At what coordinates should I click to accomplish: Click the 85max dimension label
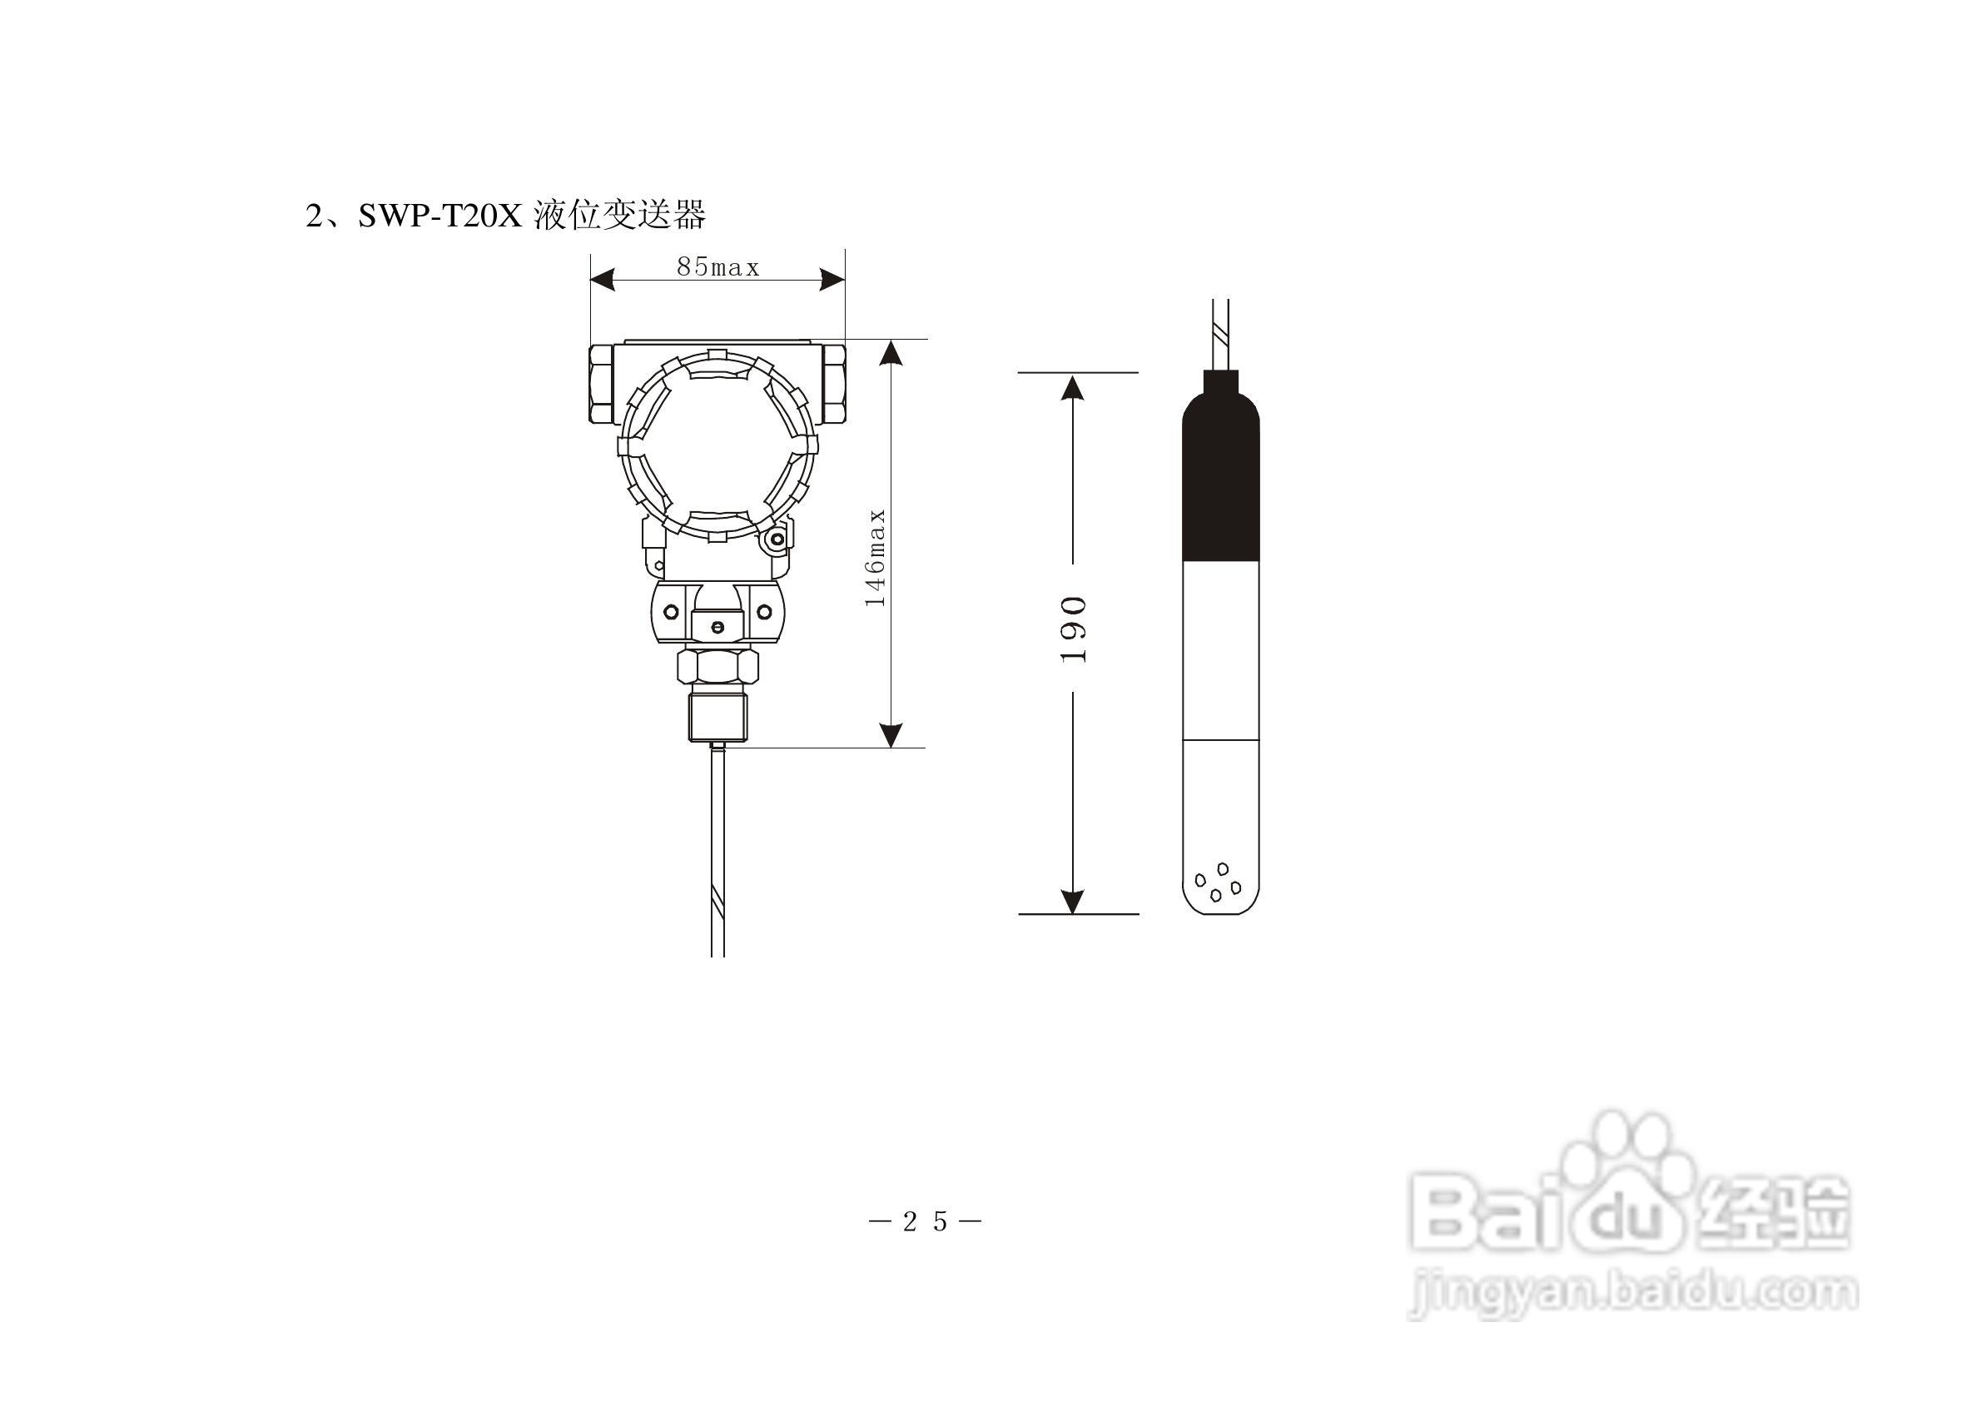[x=718, y=267]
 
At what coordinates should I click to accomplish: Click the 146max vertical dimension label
[x=876, y=558]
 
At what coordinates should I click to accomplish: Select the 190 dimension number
[x=1073, y=629]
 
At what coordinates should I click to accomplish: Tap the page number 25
[x=926, y=1221]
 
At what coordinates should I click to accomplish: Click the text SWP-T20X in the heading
[x=440, y=215]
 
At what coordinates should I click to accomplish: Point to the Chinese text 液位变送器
[x=620, y=215]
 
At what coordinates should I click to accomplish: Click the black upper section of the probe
[x=1220, y=466]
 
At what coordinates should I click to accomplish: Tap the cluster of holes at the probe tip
[x=1218, y=882]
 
